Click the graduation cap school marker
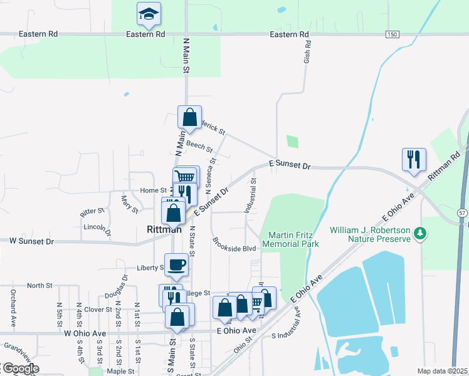149,14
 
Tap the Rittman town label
164,229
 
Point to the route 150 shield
392,34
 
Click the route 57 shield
462,212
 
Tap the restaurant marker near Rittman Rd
414,160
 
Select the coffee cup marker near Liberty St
176,265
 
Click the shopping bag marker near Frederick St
189,117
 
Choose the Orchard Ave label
13,308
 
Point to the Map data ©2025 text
442,371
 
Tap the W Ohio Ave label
85,334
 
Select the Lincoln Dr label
97,229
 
